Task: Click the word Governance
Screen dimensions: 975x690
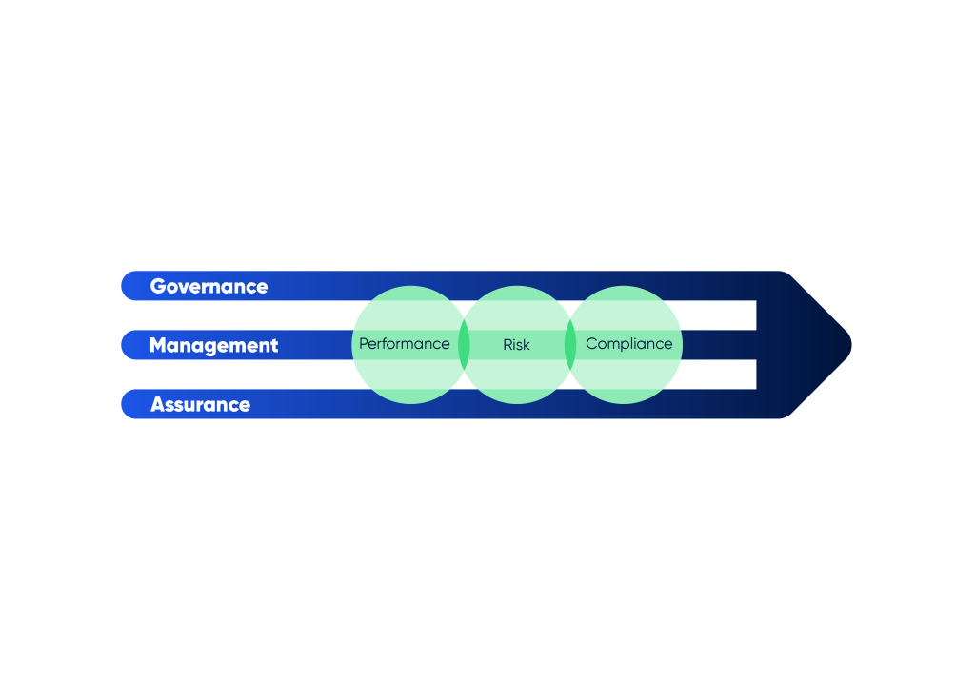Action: (x=209, y=286)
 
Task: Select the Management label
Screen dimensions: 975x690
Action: (x=214, y=345)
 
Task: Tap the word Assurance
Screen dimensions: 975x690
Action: (x=200, y=404)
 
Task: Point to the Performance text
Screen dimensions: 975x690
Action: (x=404, y=344)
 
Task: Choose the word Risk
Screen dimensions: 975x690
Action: (x=516, y=345)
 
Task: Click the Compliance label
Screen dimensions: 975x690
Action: (x=629, y=344)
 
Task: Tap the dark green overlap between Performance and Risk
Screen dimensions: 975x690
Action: (x=464, y=345)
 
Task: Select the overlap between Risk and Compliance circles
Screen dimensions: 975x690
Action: (x=570, y=345)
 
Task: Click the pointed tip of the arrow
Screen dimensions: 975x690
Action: (x=850, y=345)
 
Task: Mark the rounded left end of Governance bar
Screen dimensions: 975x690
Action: (x=123, y=286)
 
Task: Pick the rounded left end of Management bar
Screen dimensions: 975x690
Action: (x=123, y=345)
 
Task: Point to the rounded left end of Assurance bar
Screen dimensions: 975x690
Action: (x=123, y=404)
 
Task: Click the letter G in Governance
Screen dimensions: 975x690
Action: (x=158, y=286)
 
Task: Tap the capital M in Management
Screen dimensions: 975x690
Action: (x=159, y=345)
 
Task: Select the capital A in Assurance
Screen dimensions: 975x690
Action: (x=159, y=404)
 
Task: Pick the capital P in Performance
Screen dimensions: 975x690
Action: (x=365, y=344)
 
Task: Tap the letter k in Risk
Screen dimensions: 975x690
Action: (x=526, y=345)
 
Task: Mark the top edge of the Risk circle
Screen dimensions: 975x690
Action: (x=517, y=286)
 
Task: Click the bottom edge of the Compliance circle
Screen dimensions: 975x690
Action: (x=624, y=403)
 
